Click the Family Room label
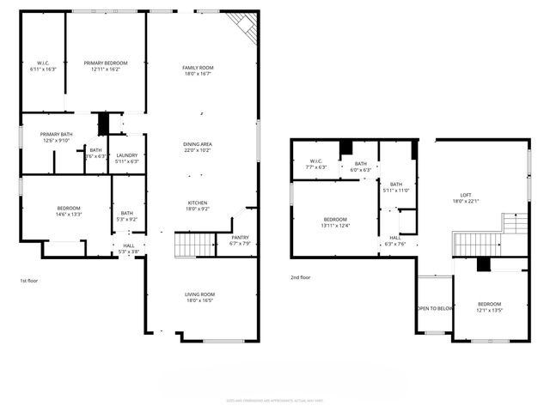(x=197, y=68)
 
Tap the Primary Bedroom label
(x=106, y=63)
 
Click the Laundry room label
(x=127, y=154)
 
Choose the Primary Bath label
(x=55, y=135)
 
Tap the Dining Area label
(x=197, y=143)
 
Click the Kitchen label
(x=197, y=203)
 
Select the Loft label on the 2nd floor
(x=465, y=195)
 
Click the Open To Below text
(x=434, y=308)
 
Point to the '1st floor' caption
(x=29, y=281)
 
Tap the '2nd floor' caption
(x=301, y=277)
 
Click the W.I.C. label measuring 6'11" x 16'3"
(x=43, y=63)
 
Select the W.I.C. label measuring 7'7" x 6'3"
(x=316, y=161)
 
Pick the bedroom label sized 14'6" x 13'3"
(x=69, y=209)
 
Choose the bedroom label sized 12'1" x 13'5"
(x=489, y=304)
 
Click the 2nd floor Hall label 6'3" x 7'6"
(x=394, y=238)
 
